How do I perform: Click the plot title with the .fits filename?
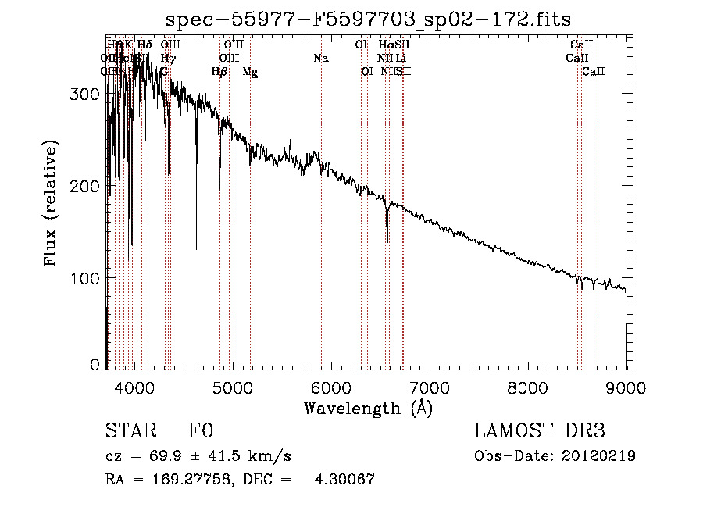[369, 19]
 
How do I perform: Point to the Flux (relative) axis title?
[52, 205]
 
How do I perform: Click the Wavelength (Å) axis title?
[368, 408]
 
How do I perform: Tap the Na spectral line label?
[320, 58]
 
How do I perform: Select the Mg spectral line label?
[250, 72]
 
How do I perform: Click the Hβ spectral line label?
[219, 71]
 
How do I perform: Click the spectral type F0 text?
[201, 431]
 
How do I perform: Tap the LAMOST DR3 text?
[539, 431]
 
